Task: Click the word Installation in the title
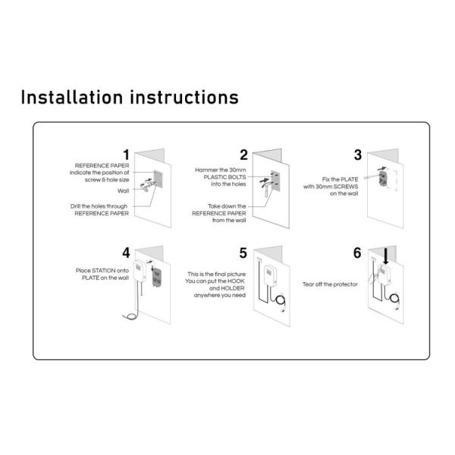point(71,98)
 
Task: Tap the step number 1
point(126,155)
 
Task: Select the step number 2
point(243,155)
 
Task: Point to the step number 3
point(357,155)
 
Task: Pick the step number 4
point(126,253)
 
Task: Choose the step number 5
point(243,253)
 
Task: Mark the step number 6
point(357,253)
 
